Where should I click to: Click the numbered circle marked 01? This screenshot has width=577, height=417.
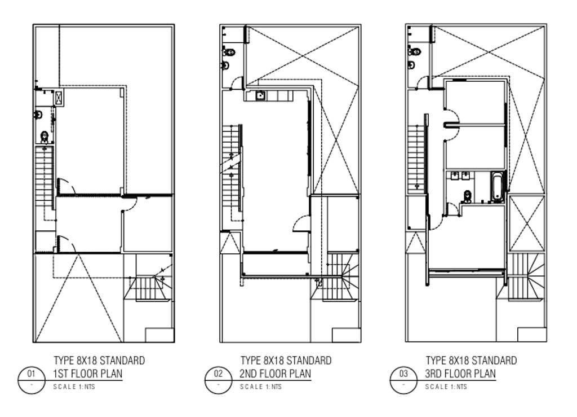(32, 380)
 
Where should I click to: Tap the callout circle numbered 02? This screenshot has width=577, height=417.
(219, 380)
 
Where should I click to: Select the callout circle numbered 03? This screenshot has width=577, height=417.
(403, 380)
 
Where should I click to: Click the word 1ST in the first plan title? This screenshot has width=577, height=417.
(60, 374)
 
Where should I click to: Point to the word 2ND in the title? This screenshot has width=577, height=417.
(248, 374)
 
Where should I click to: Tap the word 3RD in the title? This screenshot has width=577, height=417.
(433, 374)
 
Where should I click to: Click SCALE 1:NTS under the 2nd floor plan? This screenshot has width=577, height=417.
(261, 387)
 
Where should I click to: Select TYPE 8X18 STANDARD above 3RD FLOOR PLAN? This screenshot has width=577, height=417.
(472, 360)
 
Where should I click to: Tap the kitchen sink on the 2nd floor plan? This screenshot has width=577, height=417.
(260, 95)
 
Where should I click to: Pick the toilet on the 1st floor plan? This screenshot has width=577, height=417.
(44, 137)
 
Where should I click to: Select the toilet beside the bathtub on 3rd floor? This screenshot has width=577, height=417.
(467, 196)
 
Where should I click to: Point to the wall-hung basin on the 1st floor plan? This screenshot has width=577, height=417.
(38, 115)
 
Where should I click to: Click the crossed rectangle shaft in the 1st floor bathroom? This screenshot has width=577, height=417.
(59, 97)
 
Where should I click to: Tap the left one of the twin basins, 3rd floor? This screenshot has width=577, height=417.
(455, 175)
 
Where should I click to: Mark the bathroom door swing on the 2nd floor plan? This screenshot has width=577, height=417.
(237, 82)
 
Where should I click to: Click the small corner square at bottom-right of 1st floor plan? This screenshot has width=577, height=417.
(159, 335)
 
